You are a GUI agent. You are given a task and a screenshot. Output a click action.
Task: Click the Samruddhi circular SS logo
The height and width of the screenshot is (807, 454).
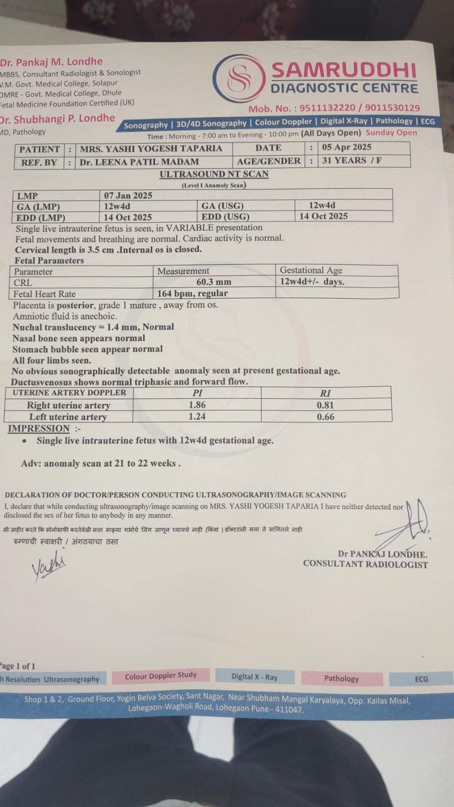[x=239, y=79]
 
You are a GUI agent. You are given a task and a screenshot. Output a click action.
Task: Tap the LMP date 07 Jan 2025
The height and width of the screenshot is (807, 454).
[x=128, y=196]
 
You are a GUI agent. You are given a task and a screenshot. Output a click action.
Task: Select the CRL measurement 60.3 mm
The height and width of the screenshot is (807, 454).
[x=214, y=282]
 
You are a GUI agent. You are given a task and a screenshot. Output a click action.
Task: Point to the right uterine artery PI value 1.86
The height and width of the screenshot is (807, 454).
[x=197, y=405]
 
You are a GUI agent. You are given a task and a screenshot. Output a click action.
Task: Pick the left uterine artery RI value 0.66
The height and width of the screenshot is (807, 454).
[x=325, y=417]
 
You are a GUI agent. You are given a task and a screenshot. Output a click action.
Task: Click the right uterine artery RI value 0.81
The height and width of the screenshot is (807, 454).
[x=325, y=405]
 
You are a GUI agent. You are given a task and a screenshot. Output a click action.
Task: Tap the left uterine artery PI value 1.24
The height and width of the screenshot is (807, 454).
[x=197, y=417]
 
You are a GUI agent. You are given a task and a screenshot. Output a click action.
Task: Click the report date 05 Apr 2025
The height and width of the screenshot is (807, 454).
[x=347, y=147]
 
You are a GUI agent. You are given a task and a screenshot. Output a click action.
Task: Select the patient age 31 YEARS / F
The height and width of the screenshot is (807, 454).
[x=352, y=160]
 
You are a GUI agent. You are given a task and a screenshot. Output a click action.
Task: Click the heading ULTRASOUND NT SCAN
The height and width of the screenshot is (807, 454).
[x=214, y=174]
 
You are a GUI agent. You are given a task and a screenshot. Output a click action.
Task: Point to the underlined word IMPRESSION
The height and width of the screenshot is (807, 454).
[x=39, y=429]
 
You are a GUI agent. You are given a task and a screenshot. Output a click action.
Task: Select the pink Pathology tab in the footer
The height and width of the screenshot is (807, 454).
[x=342, y=678]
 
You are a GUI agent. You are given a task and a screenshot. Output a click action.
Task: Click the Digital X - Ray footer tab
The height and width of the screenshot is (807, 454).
[x=254, y=677]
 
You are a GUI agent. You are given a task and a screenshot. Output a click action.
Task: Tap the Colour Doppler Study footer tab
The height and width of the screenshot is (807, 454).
[x=160, y=676]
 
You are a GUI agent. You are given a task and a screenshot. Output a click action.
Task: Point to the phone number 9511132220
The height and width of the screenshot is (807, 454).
[x=327, y=108]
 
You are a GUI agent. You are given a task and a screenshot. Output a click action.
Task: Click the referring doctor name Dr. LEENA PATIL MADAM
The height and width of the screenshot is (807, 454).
[x=139, y=162]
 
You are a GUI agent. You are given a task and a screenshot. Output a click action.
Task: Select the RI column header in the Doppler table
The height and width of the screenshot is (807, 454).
[x=325, y=393]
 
